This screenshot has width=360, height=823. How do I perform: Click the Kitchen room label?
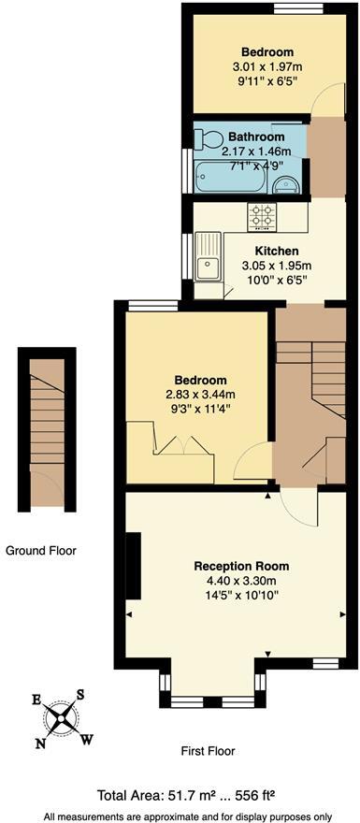[x=276, y=251]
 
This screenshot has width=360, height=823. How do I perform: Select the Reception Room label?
[x=241, y=566]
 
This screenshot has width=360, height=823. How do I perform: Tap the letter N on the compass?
[x=39, y=743]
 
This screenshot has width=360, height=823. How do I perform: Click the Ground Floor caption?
[x=40, y=551]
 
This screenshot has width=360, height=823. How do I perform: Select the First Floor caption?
[x=208, y=750]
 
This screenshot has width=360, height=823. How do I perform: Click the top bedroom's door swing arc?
[x=324, y=104]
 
